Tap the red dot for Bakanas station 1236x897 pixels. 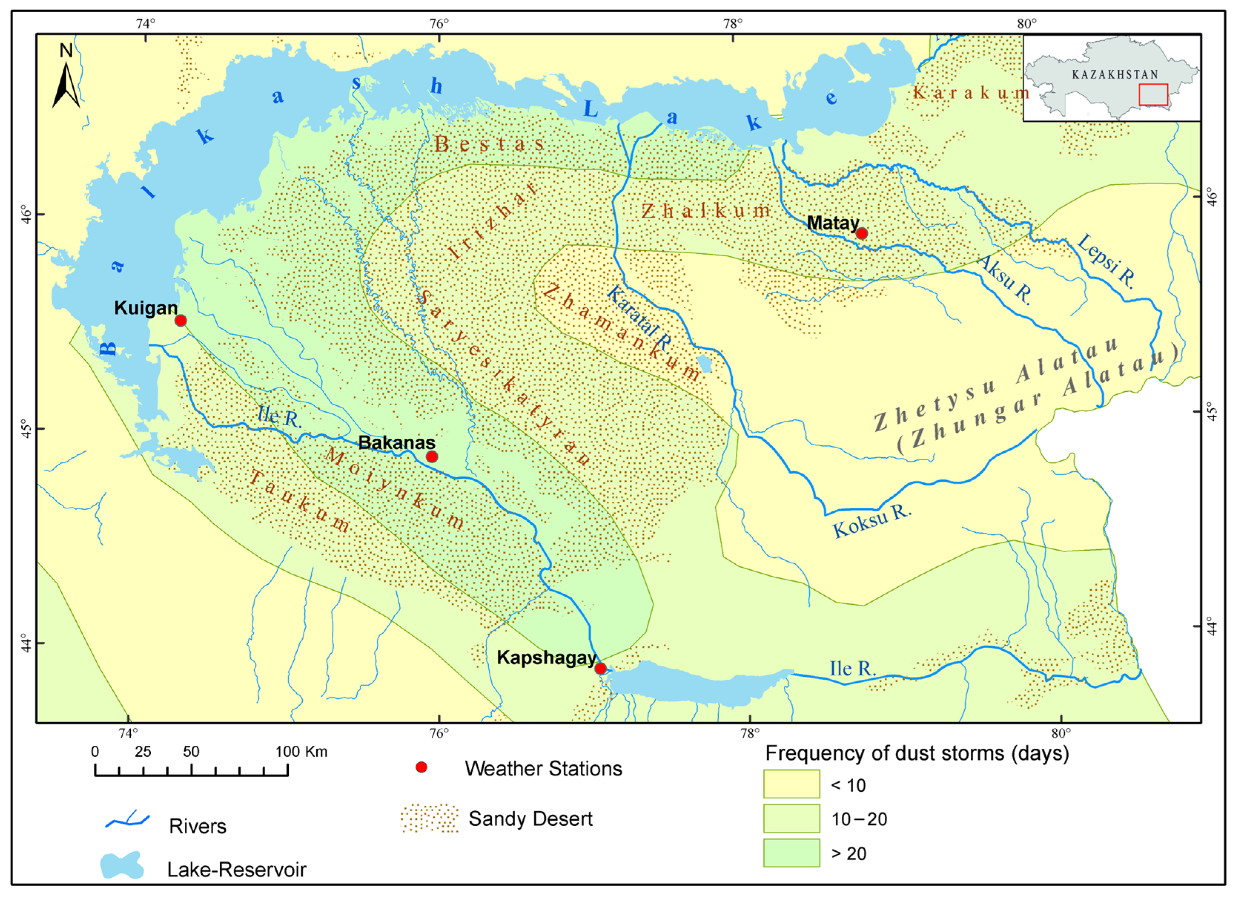point(432,457)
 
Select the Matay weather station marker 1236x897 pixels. point(862,233)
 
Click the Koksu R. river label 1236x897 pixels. point(872,521)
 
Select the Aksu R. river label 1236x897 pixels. point(1005,279)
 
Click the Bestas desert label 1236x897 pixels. point(489,145)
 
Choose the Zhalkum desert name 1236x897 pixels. point(706,211)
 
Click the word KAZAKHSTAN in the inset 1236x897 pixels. point(1115,75)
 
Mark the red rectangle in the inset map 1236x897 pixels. point(1153,94)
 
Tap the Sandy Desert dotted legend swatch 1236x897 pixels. point(430,818)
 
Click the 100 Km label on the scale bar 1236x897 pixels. point(301,752)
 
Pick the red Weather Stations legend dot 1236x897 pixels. point(421,768)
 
